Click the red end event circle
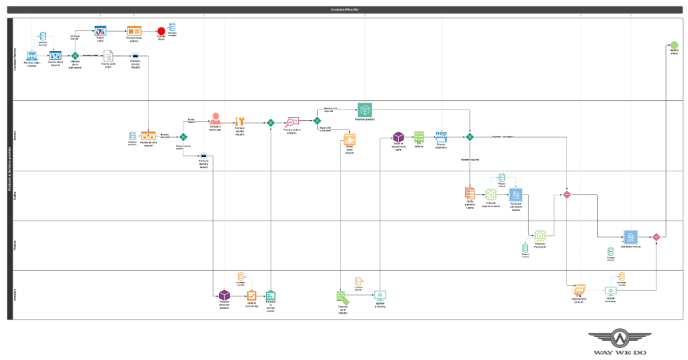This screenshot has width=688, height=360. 161,31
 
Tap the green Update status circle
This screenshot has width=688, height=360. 674,45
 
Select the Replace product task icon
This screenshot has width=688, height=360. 364,109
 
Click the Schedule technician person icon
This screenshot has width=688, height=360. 216,119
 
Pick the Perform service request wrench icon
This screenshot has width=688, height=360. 239,122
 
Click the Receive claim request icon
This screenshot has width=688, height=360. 32,56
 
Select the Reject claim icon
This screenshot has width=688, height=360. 99,31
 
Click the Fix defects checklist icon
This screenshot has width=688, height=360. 419,136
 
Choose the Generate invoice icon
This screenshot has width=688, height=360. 630,237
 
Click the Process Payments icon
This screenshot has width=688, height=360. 540,236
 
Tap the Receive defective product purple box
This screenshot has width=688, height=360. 224,295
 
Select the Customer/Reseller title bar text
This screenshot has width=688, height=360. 345,9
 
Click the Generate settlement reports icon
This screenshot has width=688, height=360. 515,195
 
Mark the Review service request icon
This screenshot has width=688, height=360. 148,136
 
